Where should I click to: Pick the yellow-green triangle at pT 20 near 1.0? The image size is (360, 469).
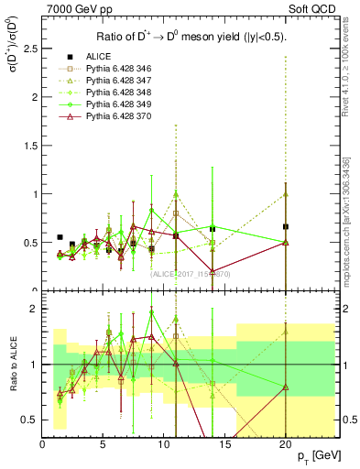286,194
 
